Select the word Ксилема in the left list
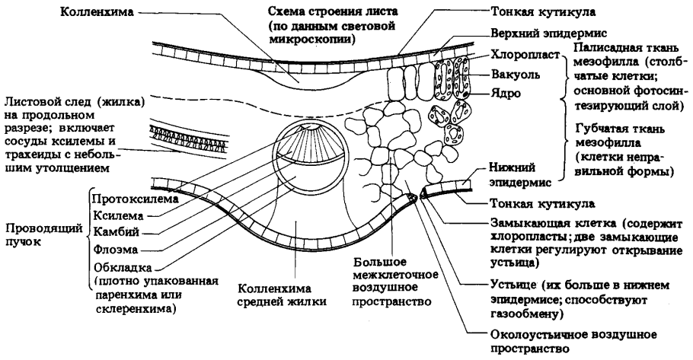coord(114,215)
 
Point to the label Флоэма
coord(113,249)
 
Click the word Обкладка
coord(121,266)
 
